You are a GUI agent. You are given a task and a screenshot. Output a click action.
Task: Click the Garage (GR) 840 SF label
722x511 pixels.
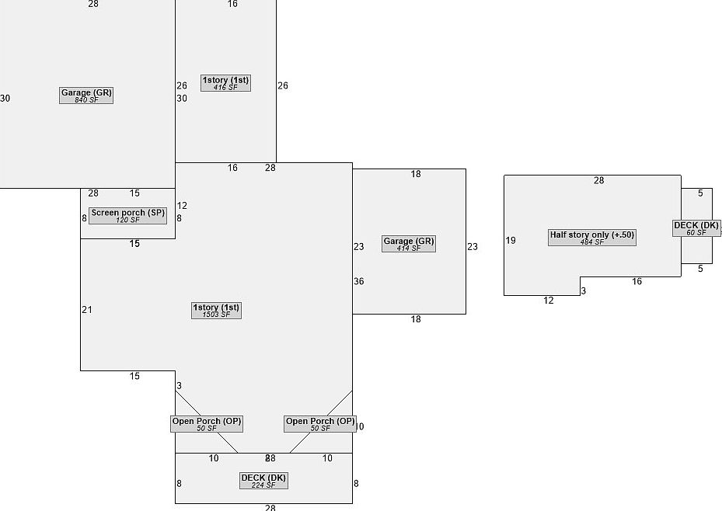(x=86, y=96)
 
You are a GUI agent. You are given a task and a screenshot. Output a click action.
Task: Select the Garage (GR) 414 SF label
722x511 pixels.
(x=408, y=244)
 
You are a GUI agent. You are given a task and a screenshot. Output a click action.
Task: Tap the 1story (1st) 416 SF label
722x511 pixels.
(x=226, y=82)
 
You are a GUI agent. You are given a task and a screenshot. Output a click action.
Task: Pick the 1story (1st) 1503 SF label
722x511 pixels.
(x=216, y=311)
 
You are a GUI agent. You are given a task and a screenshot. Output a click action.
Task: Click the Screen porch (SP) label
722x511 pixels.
(x=127, y=215)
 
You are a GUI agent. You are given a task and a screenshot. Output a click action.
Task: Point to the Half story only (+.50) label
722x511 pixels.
(x=591, y=238)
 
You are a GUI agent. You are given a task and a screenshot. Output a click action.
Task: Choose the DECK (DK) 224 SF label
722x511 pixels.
(x=263, y=481)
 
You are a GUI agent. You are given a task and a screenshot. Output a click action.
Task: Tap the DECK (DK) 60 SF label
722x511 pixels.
(x=696, y=228)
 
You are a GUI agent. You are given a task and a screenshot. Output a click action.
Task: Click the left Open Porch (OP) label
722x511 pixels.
(x=207, y=424)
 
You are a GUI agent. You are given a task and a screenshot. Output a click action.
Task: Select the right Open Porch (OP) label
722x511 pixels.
(x=320, y=424)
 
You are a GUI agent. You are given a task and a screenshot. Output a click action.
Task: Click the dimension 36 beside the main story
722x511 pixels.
(x=359, y=281)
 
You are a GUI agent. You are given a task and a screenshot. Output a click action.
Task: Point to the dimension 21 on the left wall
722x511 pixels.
(x=87, y=310)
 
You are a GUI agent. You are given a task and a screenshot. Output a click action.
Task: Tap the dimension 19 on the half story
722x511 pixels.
(x=511, y=241)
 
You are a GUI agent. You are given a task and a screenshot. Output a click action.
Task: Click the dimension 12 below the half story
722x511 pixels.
(x=549, y=301)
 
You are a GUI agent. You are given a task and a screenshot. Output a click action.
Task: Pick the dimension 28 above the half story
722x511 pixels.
(x=598, y=181)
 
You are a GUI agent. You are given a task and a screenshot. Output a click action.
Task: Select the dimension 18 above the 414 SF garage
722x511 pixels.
(x=416, y=174)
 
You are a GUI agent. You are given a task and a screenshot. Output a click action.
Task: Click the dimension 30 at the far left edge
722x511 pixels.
(x=5, y=99)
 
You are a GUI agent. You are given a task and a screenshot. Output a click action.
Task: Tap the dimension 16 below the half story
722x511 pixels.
(x=637, y=282)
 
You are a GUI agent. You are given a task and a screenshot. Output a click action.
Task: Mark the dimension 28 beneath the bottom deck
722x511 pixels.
(x=270, y=508)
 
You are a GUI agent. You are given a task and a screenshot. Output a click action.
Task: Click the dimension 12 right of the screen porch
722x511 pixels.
(x=182, y=206)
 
